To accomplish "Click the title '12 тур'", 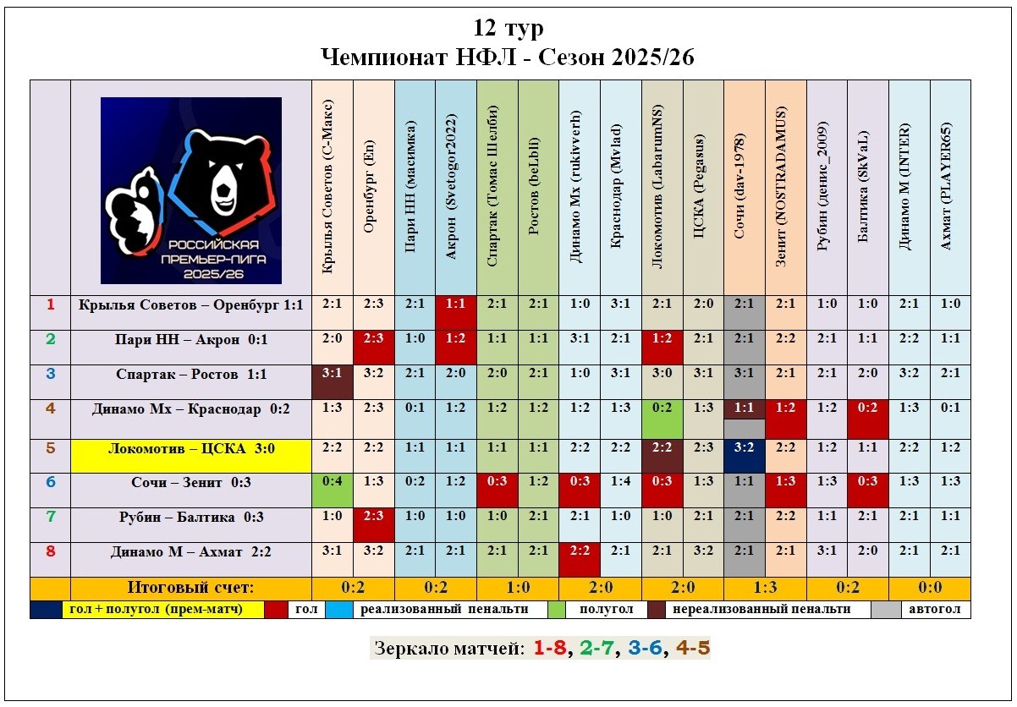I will [x=508, y=28].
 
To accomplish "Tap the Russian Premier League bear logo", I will [x=191, y=190].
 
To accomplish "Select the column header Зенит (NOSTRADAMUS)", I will [x=785, y=187].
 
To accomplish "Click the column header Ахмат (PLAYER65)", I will [x=950, y=187].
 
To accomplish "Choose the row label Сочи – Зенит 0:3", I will [x=191, y=482].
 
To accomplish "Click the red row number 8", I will [x=50, y=551].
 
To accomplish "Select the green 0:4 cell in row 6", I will [x=332, y=482].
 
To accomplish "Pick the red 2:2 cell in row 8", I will [x=580, y=551].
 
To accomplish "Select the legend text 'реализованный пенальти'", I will [x=444, y=609].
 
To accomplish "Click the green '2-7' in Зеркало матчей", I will [x=599, y=649].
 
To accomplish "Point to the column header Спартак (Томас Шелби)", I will [x=497, y=187].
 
